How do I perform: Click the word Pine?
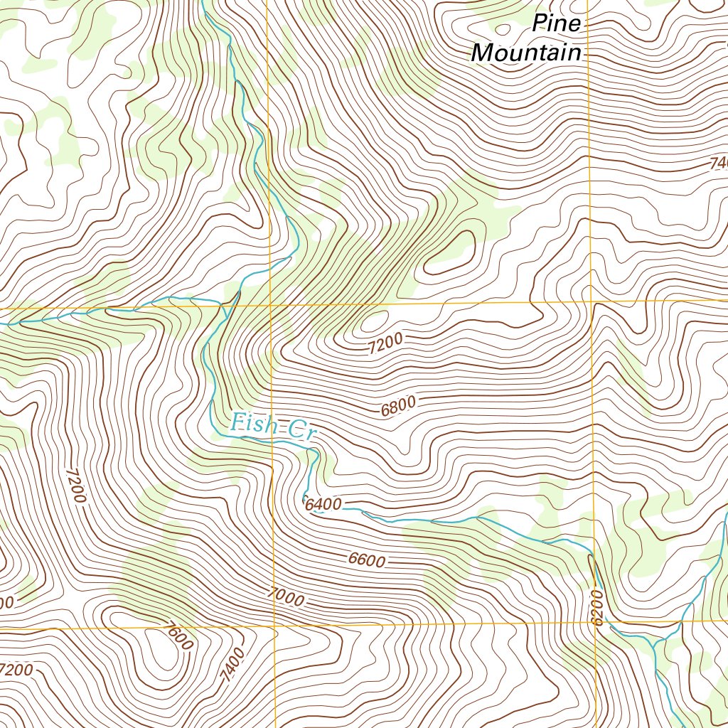point(557,24)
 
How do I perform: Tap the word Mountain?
point(526,52)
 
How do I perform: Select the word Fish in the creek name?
point(251,424)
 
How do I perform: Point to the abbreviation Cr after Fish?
point(300,430)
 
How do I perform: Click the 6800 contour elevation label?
point(398,407)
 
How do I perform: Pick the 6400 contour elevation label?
point(323,505)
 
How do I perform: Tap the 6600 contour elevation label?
point(367,560)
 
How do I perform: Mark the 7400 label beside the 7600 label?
point(232,665)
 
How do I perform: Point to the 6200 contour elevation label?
point(596,608)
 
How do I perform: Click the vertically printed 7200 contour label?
point(75,484)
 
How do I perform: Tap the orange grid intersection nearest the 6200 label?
point(594,623)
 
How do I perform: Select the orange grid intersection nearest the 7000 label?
point(274,627)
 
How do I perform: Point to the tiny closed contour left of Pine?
point(503,28)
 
